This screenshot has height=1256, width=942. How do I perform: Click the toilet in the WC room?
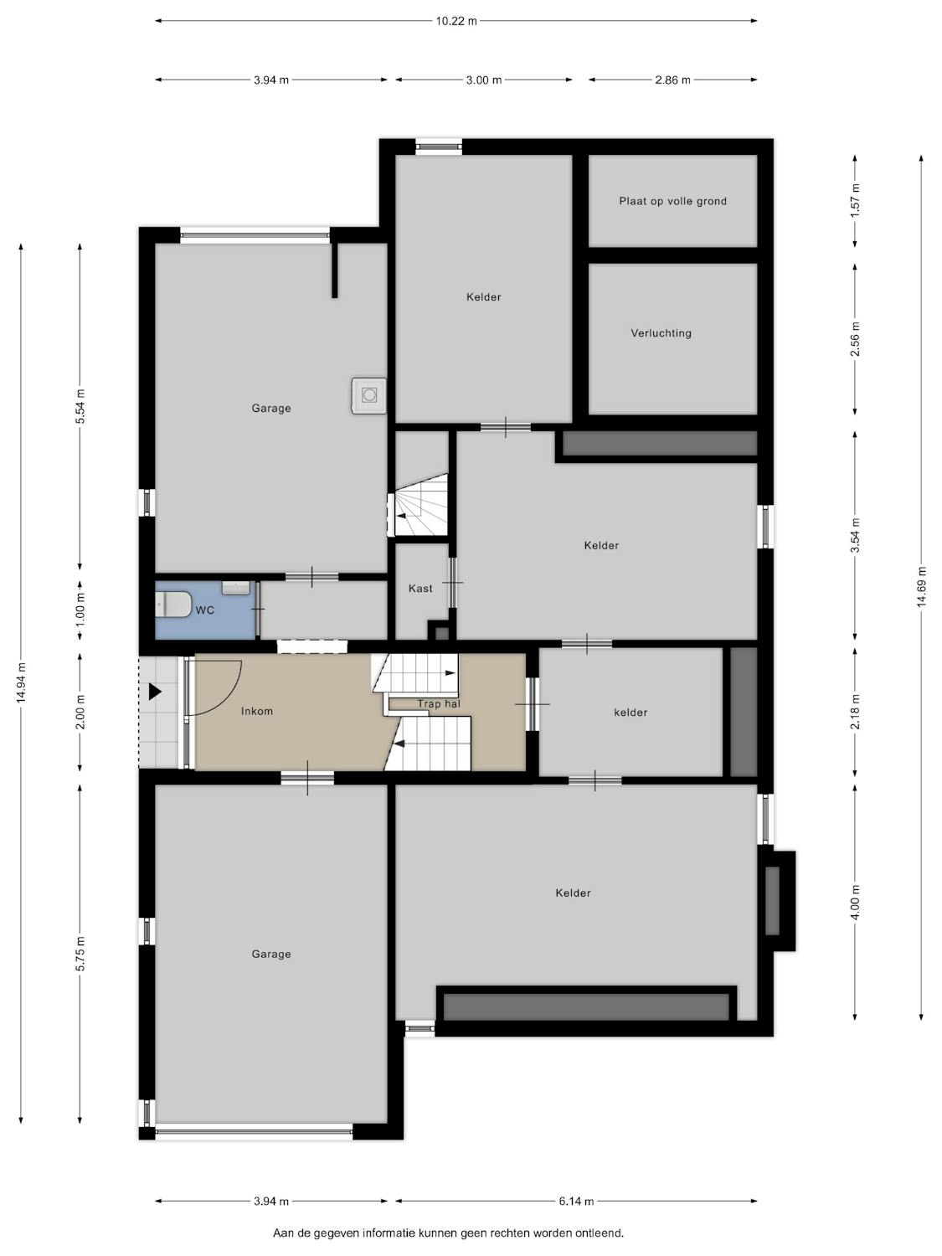pyautogui.click(x=172, y=605)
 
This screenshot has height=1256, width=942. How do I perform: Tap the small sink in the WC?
pyautogui.click(x=235, y=589)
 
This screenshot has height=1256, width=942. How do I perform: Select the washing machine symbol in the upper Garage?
pyautogui.click(x=369, y=395)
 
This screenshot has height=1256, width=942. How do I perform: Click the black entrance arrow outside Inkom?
pyautogui.click(x=155, y=692)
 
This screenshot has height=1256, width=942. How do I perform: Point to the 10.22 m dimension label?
pyautogui.click(x=456, y=21)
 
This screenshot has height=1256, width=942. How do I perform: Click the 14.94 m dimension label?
pyautogui.click(x=21, y=683)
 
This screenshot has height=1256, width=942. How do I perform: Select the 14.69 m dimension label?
pyautogui.click(x=921, y=586)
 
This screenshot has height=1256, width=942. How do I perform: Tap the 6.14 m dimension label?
pyautogui.click(x=576, y=1201)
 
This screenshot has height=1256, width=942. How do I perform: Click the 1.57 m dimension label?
pyautogui.click(x=855, y=200)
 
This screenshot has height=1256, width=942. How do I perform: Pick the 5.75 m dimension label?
pyautogui.click(x=80, y=953)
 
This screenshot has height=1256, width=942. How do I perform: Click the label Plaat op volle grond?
pyautogui.click(x=672, y=201)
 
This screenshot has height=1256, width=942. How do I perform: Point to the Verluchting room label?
pyautogui.click(x=661, y=333)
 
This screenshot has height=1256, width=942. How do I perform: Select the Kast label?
pyautogui.click(x=420, y=589)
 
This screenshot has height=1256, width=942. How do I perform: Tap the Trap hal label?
pyautogui.click(x=439, y=704)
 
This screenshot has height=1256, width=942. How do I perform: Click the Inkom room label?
pyautogui.click(x=257, y=711)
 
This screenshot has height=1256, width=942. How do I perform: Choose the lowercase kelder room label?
pyautogui.click(x=631, y=713)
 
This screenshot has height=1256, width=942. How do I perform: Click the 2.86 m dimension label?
pyautogui.click(x=672, y=80)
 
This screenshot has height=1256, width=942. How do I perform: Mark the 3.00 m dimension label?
pyautogui.click(x=483, y=80)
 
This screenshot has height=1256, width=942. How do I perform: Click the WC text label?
pyautogui.click(x=205, y=610)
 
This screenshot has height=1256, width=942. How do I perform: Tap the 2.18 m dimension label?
pyautogui.click(x=855, y=712)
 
